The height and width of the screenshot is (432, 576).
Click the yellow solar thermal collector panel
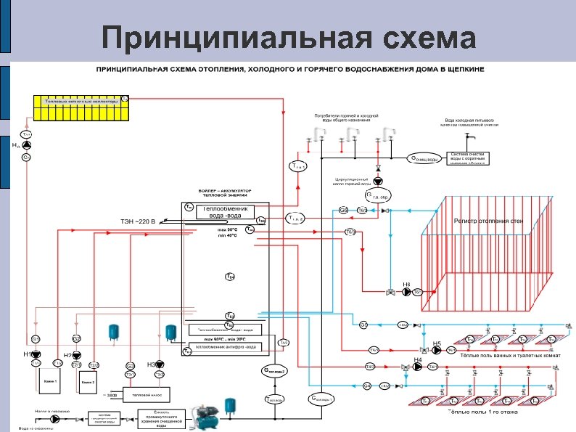81,107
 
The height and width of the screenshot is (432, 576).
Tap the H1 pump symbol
35,354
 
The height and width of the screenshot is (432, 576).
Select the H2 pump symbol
75,355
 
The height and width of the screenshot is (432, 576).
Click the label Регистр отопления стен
488,220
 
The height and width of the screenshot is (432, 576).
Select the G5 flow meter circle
363,324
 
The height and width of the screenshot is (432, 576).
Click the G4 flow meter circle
366,386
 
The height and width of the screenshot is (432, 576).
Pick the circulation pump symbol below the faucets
378,182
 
